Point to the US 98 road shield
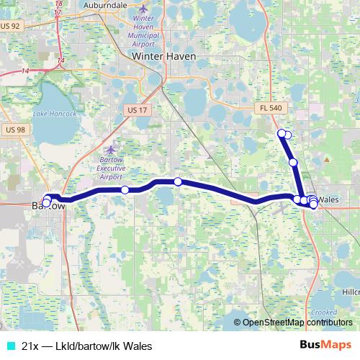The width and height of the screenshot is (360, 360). [14, 129]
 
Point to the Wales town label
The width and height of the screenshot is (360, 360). [328, 199]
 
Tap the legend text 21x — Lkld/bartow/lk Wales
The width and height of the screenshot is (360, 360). [87, 346]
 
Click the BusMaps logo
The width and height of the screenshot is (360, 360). [325, 345]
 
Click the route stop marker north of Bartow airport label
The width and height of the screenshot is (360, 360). [125, 190]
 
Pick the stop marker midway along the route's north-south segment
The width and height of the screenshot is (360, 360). [293, 163]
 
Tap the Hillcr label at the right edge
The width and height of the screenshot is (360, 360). [351, 292]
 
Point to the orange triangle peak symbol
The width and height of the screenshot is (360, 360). [327, 158]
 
